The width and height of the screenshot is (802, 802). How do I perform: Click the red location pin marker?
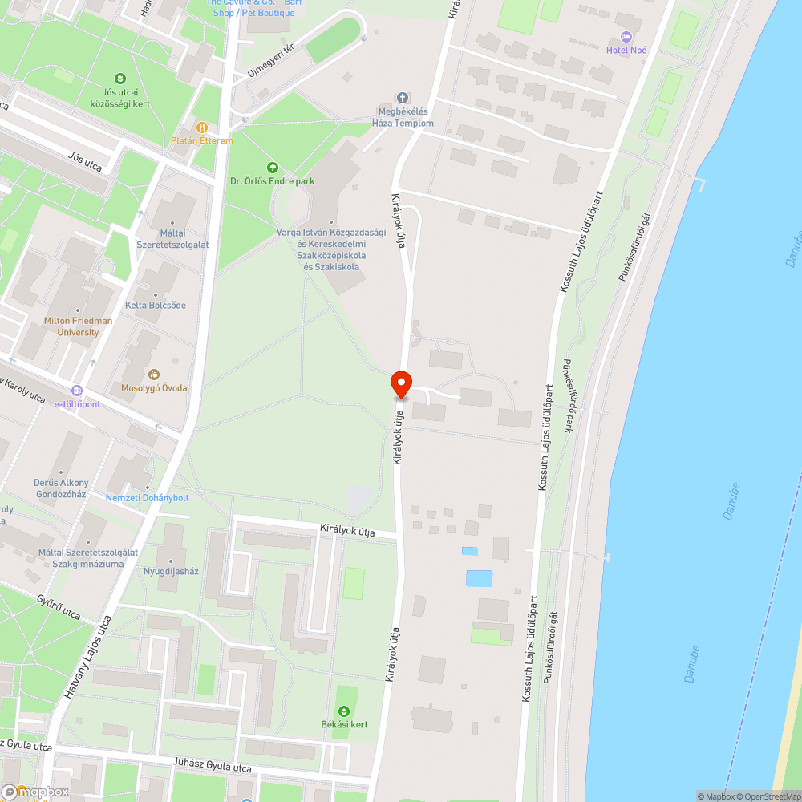(400, 385)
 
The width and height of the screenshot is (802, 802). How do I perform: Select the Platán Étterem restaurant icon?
(202, 127)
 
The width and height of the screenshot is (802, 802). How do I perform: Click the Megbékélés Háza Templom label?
(403, 118)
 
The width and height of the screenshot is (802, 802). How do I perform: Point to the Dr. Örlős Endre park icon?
(272, 167)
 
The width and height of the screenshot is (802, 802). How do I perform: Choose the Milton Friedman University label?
(78, 326)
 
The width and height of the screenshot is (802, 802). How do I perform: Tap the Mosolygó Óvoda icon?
(153, 374)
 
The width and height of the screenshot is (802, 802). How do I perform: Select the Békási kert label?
(344, 724)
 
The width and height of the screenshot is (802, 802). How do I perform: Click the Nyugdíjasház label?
(171, 572)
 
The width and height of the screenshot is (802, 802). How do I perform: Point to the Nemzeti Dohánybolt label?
(148, 498)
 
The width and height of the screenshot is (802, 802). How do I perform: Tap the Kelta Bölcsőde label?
(156, 305)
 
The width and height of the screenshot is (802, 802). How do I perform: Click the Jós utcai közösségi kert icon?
(120, 78)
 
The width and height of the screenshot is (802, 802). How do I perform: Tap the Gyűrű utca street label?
(59, 606)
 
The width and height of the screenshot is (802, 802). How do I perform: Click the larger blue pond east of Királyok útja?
(479, 578)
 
